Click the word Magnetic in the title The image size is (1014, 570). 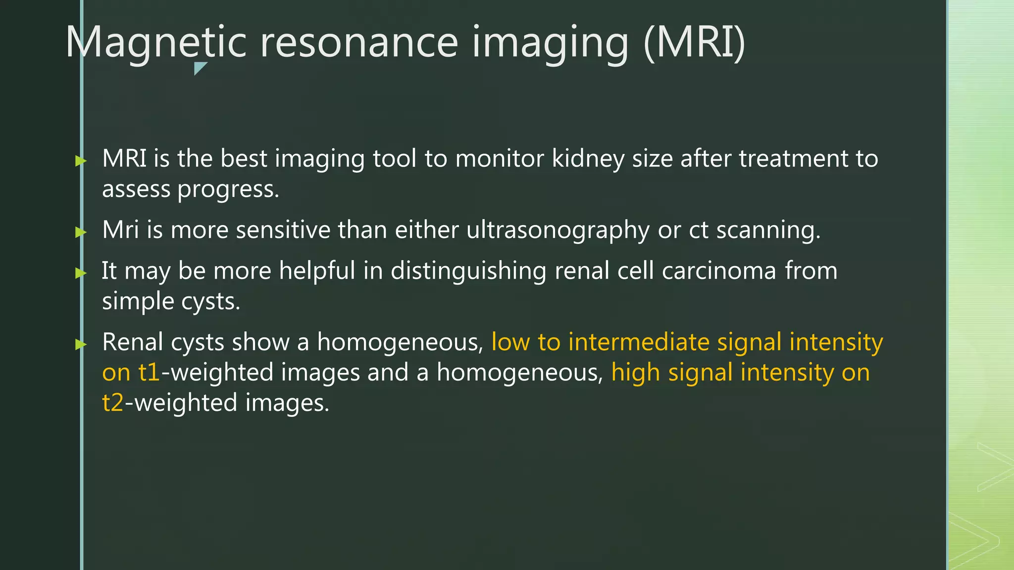156,43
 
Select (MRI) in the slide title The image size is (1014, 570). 694,43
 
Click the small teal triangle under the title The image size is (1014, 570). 200,68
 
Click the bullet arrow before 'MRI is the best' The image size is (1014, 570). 81,160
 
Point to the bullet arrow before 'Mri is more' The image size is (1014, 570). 81,232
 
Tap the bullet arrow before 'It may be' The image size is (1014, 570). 81,272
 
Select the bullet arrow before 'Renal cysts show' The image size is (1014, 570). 81,344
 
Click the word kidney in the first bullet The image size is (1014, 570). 588,159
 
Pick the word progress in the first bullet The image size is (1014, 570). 228,190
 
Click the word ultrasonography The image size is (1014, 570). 558,231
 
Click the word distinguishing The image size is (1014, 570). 468,271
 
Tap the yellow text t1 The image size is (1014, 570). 149,373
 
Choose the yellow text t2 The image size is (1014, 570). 112,403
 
